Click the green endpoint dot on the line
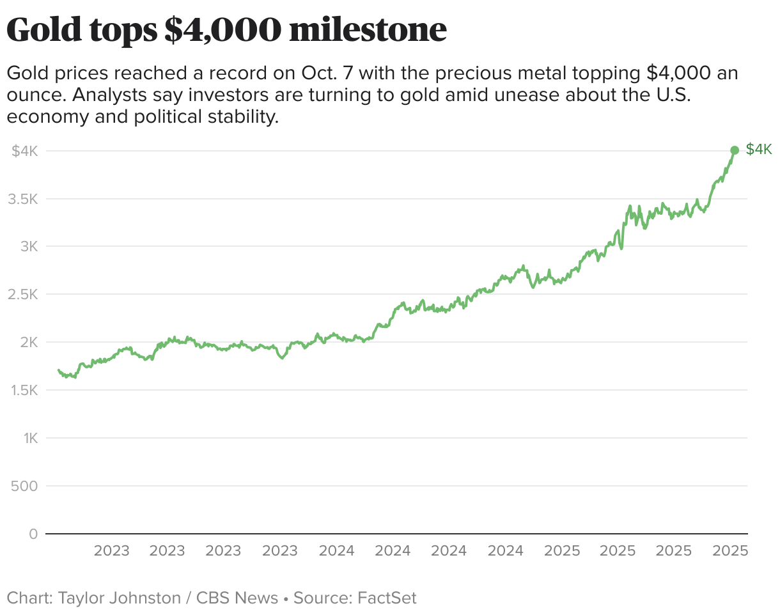pos(735,150)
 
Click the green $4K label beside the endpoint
pos(759,150)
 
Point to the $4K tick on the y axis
pos(26,151)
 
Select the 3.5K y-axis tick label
pos(23,199)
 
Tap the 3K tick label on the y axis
pos(29,247)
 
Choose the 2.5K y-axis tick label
pos(23,295)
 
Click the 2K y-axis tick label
pos(29,343)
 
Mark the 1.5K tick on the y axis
pos(23,391)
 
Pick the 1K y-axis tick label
pos(29,439)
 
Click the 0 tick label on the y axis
pos(33,534)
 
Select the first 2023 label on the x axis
pos(111,551)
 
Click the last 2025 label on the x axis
pos(730,551)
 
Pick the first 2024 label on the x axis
pos(336,551)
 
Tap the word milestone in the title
pos(368,30)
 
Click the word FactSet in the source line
pos(387,598)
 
